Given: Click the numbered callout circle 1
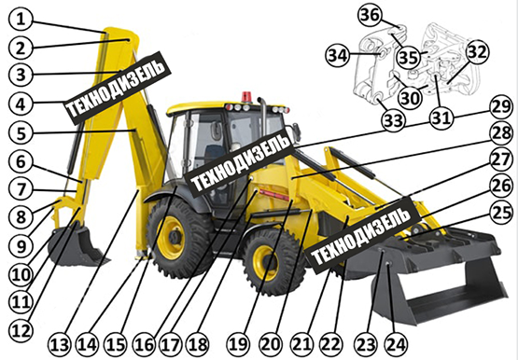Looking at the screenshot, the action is point(21,20).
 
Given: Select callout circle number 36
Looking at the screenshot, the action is point(370,16).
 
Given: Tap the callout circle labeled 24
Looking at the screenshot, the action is point(396,345).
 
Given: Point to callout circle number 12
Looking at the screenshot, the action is point(21,331).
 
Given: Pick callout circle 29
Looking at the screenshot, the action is point(502,107).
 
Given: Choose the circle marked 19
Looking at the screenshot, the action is point(239,345).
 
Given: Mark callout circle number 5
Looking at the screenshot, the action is point(21,133).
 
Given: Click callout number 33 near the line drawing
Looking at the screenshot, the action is point(394,120).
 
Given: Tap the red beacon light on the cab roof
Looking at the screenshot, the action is point(246,97).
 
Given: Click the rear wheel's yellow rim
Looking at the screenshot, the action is point(171,237).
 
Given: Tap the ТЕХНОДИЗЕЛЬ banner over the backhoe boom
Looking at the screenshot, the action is point(118,87).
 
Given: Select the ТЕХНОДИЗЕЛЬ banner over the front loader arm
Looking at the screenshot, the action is point(363,235).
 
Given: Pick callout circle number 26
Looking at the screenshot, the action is point(502,186).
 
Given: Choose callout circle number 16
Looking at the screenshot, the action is point(144,345).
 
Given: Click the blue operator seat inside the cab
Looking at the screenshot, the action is point(212,155).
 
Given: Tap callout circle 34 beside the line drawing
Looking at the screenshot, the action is point(338,55).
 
